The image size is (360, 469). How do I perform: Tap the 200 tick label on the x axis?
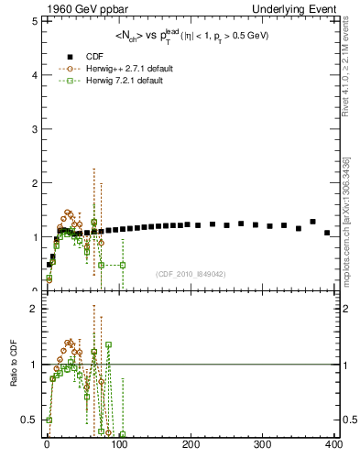tap(191, 445)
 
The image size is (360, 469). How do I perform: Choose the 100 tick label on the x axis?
tap(119, 445)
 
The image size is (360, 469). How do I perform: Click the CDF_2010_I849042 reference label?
tap(191, 273)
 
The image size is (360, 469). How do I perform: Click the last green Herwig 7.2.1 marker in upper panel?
tap(122, 265)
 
